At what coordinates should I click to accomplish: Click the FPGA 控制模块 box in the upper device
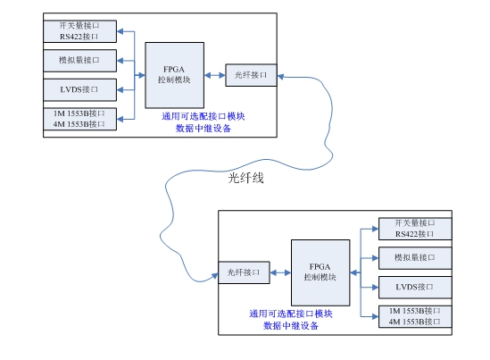click(175, 75)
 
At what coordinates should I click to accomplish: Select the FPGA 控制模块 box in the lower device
click(320, 272)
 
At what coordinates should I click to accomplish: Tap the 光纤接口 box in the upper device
click(252, 75)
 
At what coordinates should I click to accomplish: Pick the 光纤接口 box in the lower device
click(244, 272)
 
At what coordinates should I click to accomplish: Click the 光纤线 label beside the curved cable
click(246, 178)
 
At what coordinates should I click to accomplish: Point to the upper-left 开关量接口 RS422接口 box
click(80, 31)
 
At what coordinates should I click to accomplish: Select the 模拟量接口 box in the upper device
click(80, 61)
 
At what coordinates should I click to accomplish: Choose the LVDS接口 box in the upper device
click(80, 89)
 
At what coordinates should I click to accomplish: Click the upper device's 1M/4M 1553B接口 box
click(80, 119)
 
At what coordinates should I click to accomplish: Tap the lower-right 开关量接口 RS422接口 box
click(415, 229)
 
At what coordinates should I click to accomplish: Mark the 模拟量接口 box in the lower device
click(415, 258)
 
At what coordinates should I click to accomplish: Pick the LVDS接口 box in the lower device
click(415, 287)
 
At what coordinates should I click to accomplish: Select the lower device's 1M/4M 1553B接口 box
click(415, 316)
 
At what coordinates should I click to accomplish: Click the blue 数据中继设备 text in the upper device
click(203, 129)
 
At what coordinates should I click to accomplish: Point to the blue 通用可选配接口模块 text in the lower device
click(291, 314)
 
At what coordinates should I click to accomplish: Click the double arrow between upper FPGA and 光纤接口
click(215, 75)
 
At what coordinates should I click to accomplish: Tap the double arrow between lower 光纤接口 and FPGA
click(280, 272)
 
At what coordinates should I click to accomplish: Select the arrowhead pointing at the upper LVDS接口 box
click(120, 90)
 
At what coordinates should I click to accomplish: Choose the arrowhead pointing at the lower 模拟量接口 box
click(375, 258)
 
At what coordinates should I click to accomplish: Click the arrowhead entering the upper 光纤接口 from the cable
click(280, 77)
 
